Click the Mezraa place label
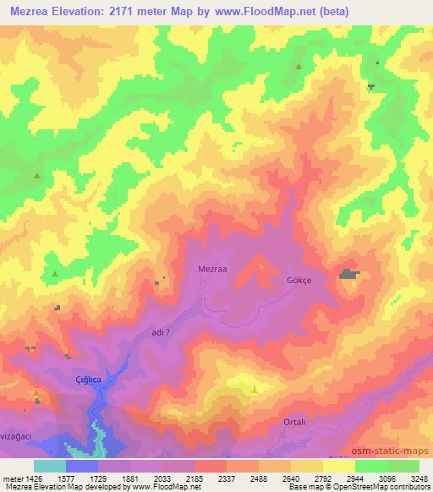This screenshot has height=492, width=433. click(212, 269)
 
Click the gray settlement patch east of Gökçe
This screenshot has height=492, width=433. click(348, 274)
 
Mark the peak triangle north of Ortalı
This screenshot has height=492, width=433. click(255, 389)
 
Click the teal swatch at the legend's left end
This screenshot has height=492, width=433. click(50, 466)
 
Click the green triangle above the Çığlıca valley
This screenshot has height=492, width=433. click(55, 274)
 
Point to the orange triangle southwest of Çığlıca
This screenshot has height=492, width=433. click(36, 392)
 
